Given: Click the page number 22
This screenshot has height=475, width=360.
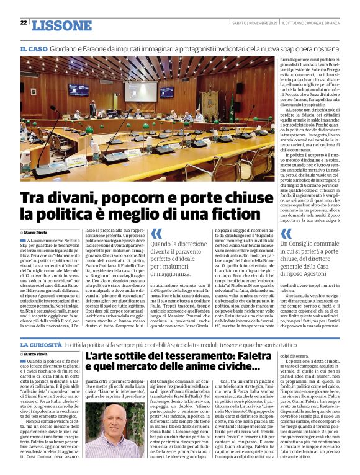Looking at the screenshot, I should click(x=24, y=23).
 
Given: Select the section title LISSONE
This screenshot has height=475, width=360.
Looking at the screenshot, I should click(x=61, y=25).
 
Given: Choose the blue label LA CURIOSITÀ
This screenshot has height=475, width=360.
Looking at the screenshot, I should click(x=43, y=344).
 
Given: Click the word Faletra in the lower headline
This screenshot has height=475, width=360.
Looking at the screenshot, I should click(x=242, y=356).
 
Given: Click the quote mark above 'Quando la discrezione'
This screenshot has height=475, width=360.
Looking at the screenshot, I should click(x=157, y=234).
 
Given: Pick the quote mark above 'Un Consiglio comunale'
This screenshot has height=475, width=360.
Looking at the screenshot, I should click(x=286, y=234).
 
